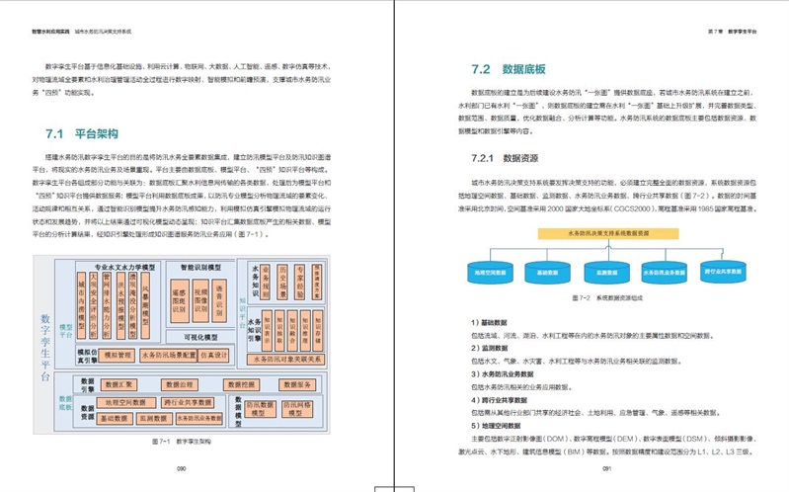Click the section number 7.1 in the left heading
coord(54,132)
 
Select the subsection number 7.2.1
coord(484,158)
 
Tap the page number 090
coord(181,468)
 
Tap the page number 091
coord(608,468)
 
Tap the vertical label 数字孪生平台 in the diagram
coord(45,346)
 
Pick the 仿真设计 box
coord(214,355)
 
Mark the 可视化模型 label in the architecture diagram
coord(205,336)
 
